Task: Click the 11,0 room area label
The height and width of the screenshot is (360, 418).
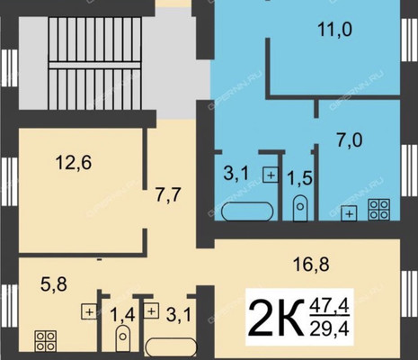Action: click(334, 30)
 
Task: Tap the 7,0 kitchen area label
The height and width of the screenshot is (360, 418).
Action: click(350, 140)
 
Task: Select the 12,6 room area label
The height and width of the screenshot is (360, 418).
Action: click(74, 163)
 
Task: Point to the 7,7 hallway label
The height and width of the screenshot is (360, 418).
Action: click(168, 194)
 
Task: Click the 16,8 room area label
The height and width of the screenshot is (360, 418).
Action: click(311, 265)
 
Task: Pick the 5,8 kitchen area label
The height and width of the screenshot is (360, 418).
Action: click(54, 284)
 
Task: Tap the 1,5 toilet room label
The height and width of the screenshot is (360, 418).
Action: click(299, 178)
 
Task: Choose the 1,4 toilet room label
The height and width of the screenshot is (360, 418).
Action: click(122, 315)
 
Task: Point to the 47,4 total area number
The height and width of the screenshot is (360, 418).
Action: click(329, 306)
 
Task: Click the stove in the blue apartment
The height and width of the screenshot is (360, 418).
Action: click(379, 210)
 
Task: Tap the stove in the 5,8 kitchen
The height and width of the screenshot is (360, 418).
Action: click(46, 341)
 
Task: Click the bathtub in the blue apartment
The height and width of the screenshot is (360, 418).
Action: click(247, 211)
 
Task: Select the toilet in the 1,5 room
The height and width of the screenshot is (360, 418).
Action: click(300, 208)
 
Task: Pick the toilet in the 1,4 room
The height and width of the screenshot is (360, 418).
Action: click(123, 338)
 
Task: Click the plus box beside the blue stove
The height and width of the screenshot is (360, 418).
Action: click(349, 213)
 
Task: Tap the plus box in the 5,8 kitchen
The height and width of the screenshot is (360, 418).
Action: click(89, 311)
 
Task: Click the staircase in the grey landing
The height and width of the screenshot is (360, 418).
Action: click(94, 64)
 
